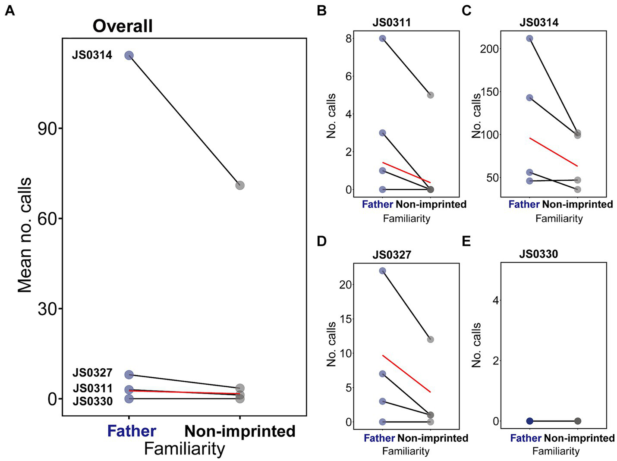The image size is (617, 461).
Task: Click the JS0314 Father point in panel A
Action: (129, 55)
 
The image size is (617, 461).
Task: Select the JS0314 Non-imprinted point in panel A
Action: (240, 185)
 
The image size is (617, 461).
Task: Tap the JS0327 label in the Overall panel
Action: (92, 373)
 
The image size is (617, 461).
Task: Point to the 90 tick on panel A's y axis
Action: (47, 129)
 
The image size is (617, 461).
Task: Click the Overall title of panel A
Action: (123, 26)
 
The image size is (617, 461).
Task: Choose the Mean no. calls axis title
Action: (25, 235)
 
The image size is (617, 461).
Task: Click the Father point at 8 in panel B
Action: (382, 38)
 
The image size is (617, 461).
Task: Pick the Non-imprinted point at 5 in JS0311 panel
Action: (430, 95)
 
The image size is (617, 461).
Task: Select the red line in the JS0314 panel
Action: (553, 152)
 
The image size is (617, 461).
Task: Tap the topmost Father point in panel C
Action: (529, 38)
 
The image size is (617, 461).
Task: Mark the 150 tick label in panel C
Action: (489, 92)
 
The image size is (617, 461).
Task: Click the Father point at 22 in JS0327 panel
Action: (382, 271)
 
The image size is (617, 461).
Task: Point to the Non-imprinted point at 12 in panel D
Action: (430, 339)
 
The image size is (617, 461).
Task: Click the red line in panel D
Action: (406, 373)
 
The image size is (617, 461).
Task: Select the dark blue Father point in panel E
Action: (529, 421)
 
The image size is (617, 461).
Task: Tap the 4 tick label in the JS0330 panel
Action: (496, 300)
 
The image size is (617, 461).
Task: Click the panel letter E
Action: (466, 241)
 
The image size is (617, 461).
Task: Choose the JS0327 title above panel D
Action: (392, 255)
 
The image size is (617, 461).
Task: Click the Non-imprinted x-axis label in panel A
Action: (240, 431)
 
